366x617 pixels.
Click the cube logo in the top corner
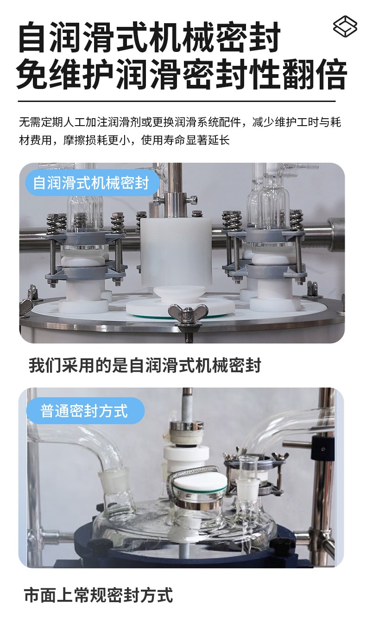[x=345, y=26]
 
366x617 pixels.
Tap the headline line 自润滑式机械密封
[x=149, y=37]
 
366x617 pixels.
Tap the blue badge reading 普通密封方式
[x=85, y=411]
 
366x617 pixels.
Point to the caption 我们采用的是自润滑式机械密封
[x=145, y=365]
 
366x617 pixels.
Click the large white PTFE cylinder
[x=176, y=252]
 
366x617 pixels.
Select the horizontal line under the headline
[x=177, y=101]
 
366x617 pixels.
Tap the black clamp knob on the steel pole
[x=322, y=449]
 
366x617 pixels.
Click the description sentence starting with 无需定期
[x=180, y=122]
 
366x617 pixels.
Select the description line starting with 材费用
[x=124, y=140]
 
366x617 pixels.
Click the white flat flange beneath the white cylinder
[x=180, y=307]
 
